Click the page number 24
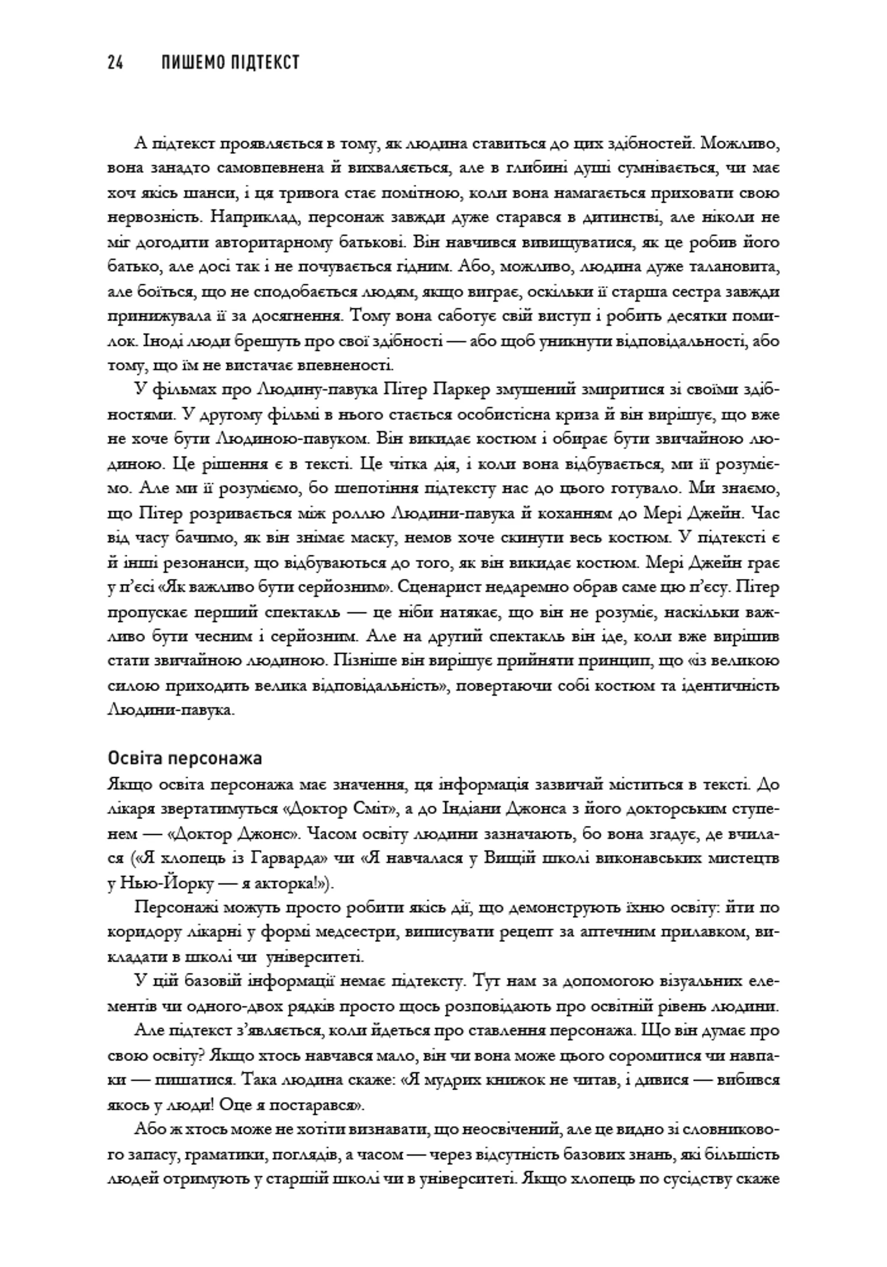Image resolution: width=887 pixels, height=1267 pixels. (115, 62)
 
